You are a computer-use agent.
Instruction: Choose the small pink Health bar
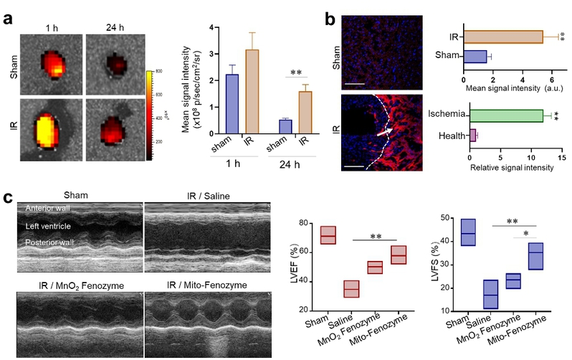(473, 134)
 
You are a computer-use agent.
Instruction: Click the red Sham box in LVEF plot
(329, 235)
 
